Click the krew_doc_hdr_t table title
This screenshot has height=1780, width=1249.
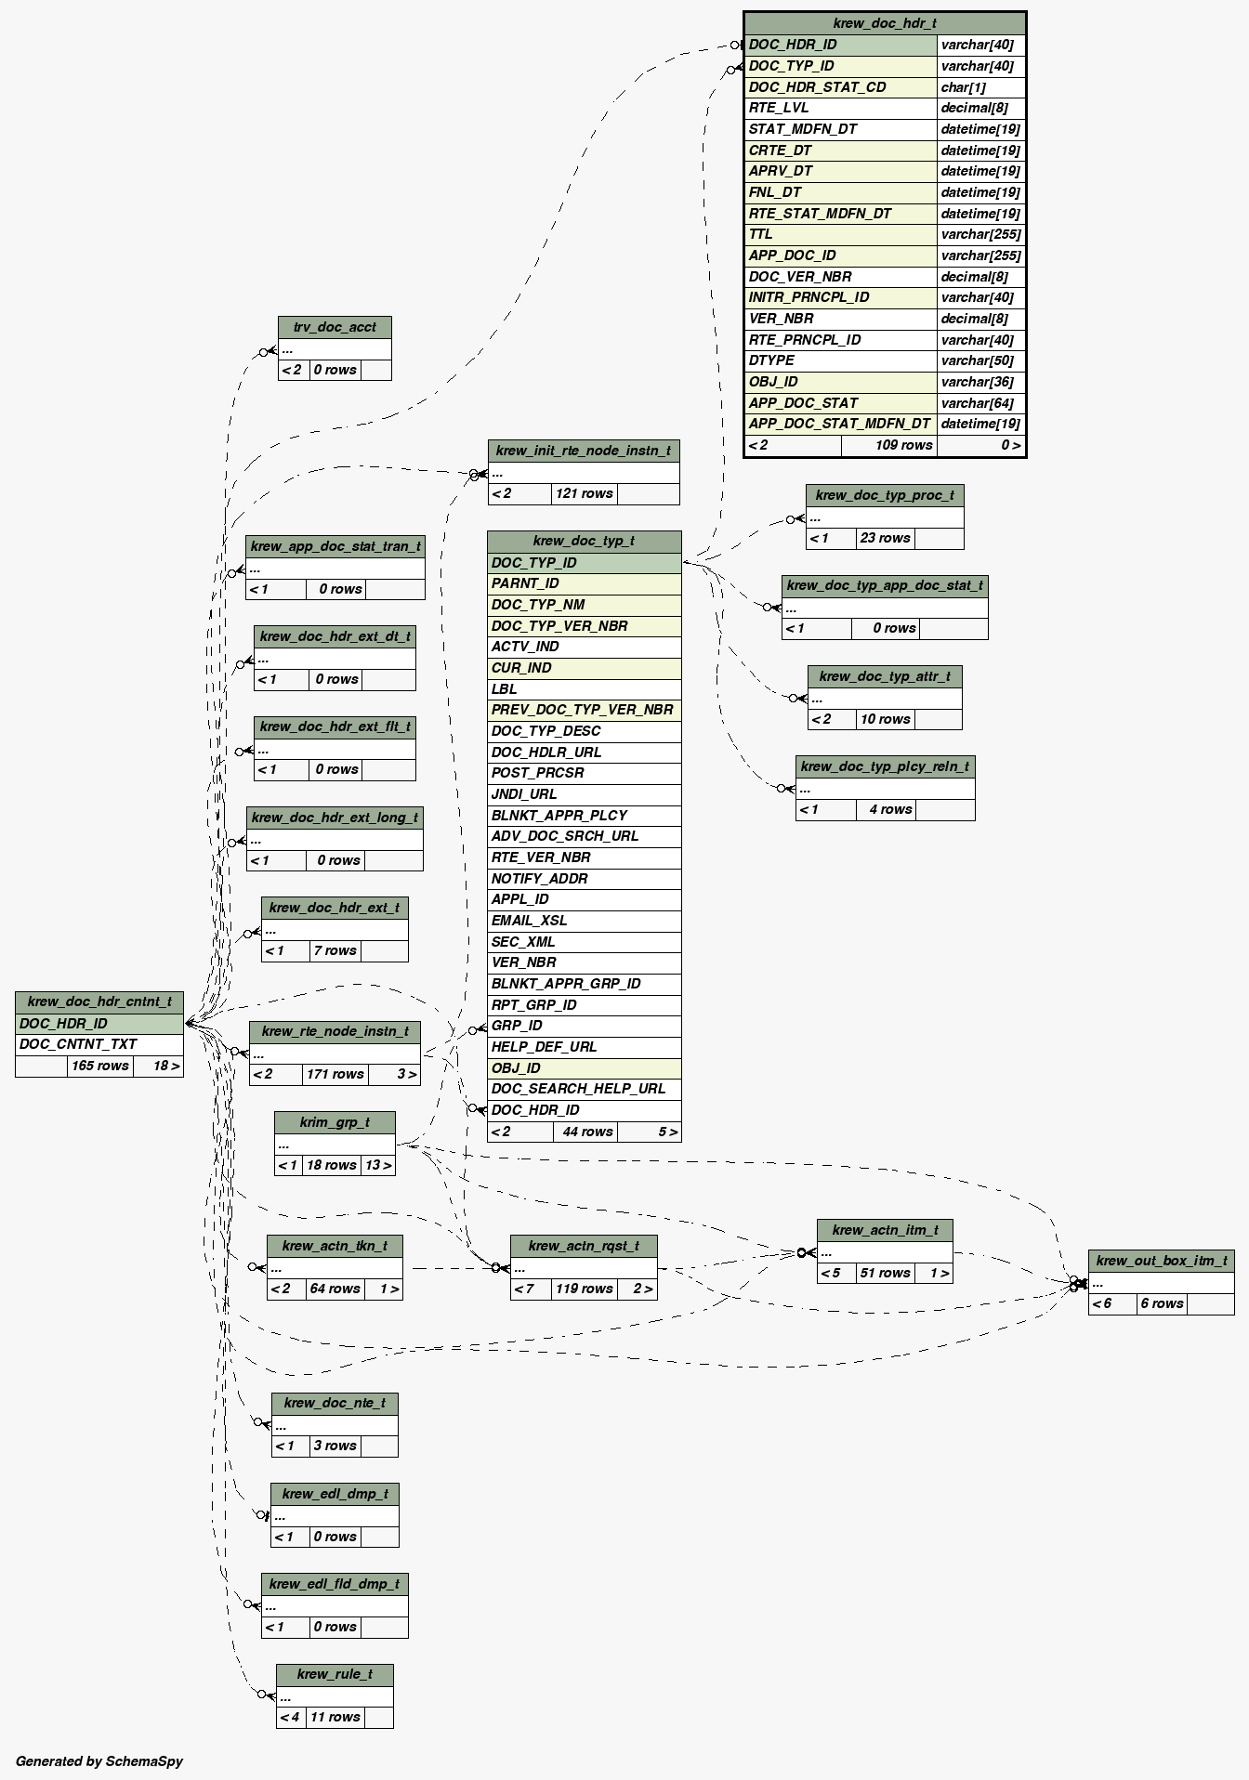885,23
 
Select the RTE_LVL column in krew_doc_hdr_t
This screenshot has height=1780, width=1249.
840,108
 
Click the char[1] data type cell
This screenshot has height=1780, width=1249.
980,87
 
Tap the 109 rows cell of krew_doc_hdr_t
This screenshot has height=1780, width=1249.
888,445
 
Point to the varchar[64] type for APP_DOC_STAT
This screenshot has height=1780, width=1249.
980,403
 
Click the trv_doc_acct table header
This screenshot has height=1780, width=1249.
335,327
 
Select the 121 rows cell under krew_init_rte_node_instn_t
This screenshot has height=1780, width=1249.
584,493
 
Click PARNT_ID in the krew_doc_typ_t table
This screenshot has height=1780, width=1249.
584,583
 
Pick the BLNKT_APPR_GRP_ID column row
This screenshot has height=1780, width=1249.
584,984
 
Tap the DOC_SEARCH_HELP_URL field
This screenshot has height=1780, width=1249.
584,1089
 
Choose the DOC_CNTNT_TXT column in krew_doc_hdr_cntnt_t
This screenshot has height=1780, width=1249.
99,1044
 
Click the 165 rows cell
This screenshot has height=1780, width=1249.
99,1066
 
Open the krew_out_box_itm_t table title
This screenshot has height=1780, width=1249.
1161,1261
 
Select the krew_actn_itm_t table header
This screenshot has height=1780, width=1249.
885,1230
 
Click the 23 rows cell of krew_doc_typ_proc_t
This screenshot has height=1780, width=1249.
885,538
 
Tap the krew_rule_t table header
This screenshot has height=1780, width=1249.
335,1674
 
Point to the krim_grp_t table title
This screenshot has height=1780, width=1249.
335,1122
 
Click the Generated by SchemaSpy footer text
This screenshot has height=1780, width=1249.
99,1760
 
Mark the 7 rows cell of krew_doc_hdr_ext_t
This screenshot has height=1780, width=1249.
335,950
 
